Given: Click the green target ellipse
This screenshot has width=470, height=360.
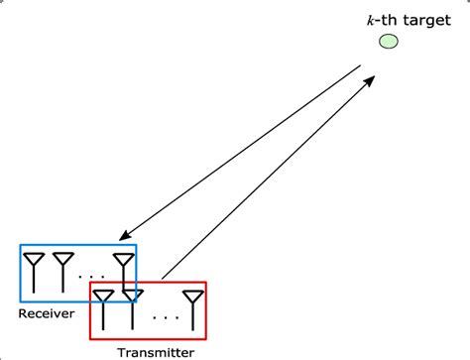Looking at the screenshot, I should (389, 42).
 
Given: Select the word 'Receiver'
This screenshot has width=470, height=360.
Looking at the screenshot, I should (47, 314).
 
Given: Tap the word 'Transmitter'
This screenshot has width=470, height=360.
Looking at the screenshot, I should (156, 350).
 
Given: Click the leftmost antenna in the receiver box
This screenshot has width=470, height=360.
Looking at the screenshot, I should (34, 271).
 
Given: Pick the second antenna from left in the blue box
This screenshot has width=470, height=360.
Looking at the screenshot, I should (63, 271).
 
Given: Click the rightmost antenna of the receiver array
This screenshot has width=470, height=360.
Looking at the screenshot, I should (123, 271).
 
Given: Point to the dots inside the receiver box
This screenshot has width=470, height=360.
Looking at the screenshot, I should (93, 276).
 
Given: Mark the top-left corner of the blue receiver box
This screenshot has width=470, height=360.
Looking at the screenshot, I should (21, 243).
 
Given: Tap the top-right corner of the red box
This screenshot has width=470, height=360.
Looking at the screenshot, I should (205, 282).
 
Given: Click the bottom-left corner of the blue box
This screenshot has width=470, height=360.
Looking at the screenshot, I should (21, 301).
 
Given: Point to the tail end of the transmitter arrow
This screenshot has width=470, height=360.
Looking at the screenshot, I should (162, 275).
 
